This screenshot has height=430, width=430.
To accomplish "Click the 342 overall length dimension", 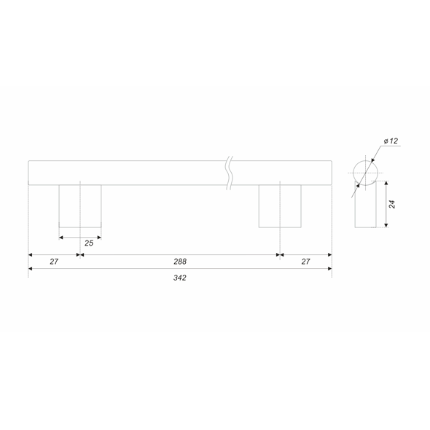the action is click(180, 278).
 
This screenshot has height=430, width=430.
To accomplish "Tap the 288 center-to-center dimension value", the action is click(180, 262).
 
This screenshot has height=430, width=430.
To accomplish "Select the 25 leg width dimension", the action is click(89, 243).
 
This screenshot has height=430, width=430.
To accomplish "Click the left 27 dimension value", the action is click(54, 262).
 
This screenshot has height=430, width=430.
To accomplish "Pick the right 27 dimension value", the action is click(306, 262).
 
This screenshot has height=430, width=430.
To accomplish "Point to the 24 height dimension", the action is click(392, 204).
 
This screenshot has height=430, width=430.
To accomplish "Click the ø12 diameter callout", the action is click(391, 141).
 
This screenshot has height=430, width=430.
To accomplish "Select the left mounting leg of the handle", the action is click(80, 206).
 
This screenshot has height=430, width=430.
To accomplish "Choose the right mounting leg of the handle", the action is click(280, 206).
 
